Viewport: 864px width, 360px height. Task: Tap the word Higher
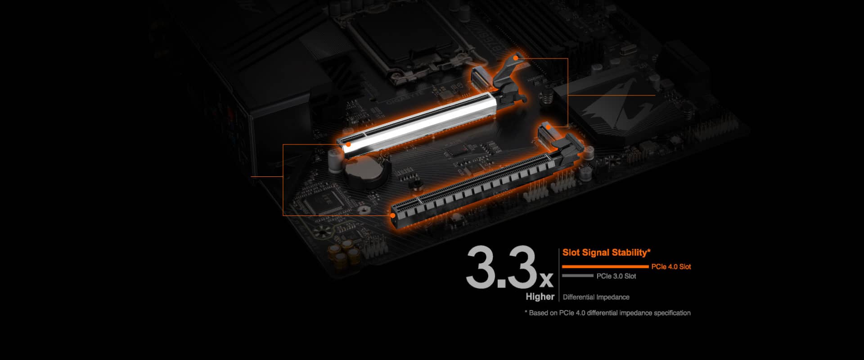[x=540, y=297]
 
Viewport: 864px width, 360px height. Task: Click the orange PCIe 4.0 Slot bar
[x=605, y=267]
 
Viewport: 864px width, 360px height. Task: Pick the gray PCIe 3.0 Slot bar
[x=577, y=276]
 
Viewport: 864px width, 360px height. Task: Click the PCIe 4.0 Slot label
[x=671, y=267]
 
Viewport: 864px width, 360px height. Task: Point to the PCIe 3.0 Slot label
[x=616, y=276]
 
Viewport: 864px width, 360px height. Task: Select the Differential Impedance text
[x=596, y=297]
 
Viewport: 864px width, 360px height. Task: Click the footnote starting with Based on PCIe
[x=607, y=313]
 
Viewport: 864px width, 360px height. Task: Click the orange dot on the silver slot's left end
[x=348, y=144]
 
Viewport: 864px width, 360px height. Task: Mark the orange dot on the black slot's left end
[x=393, y=216]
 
